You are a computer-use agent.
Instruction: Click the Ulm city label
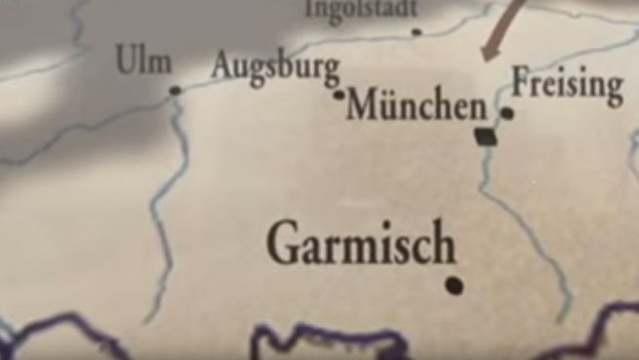point(143,61)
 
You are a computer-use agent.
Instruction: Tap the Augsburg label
point(276,69)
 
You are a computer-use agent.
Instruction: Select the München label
point(416,105)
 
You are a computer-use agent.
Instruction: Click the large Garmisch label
point(361,244)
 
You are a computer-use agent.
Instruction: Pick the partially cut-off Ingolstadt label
point(362,9)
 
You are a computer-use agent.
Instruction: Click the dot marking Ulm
point(176,91)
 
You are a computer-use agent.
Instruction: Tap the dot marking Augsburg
point(339,95)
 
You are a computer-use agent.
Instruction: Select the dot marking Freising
point(506,113)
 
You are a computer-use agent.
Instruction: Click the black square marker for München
point(485,137)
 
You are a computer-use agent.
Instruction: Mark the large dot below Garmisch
point(454,285)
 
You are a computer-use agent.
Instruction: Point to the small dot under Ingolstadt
point(417,31)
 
